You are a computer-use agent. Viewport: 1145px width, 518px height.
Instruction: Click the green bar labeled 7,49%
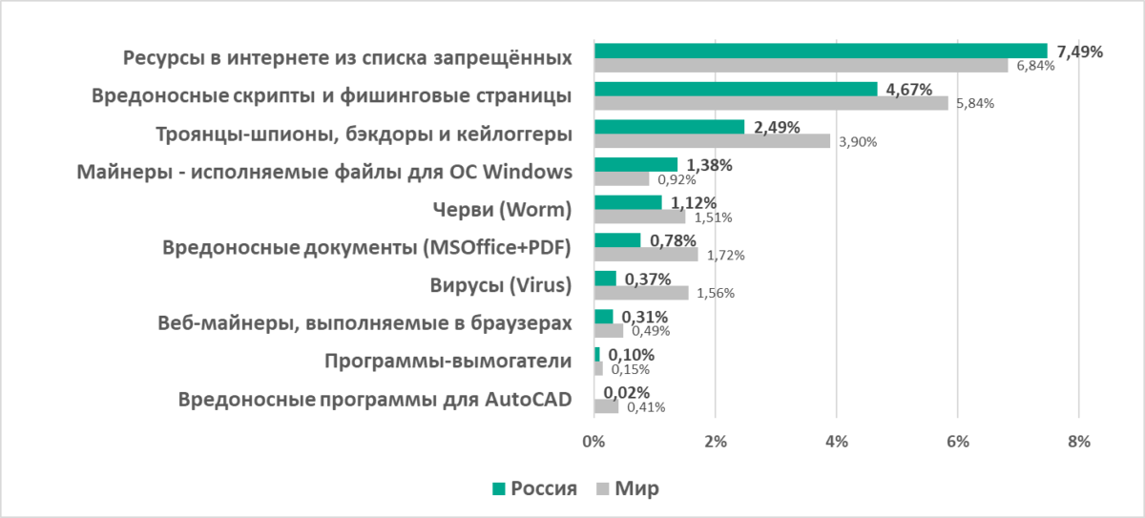coord(821,51)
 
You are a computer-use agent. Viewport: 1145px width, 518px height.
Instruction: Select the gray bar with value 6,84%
coord(801,65)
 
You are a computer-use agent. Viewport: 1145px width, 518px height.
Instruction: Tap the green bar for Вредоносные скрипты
coord(736,89)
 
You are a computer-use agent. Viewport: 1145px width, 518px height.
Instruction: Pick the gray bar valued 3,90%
coord(712,140)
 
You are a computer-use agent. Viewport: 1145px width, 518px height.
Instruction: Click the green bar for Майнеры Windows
coord(635,165)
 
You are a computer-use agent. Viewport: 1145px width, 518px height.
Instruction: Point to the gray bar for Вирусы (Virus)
coord(641,293)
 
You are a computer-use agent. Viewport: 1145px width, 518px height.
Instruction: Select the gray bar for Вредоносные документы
coord(646,255)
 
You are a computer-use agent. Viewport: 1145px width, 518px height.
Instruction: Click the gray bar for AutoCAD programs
coord(606,406)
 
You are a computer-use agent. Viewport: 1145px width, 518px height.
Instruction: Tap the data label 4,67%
coord(910,90)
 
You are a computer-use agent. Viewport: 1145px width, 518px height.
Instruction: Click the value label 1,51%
coord(714,217)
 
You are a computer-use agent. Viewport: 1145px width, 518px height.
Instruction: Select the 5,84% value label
coord(974,104)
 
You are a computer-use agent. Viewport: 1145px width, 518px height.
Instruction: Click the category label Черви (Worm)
coord(502,210)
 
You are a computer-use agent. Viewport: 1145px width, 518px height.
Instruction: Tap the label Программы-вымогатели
coord(448,362)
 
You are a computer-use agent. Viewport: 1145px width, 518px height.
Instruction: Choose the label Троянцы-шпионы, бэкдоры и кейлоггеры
coord(364,134)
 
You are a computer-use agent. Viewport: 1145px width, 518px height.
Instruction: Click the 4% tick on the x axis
coord(836,442)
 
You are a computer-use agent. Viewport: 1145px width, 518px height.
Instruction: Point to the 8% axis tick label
coord(1078,442)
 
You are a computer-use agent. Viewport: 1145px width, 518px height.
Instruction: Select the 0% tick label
coord(593,442)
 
